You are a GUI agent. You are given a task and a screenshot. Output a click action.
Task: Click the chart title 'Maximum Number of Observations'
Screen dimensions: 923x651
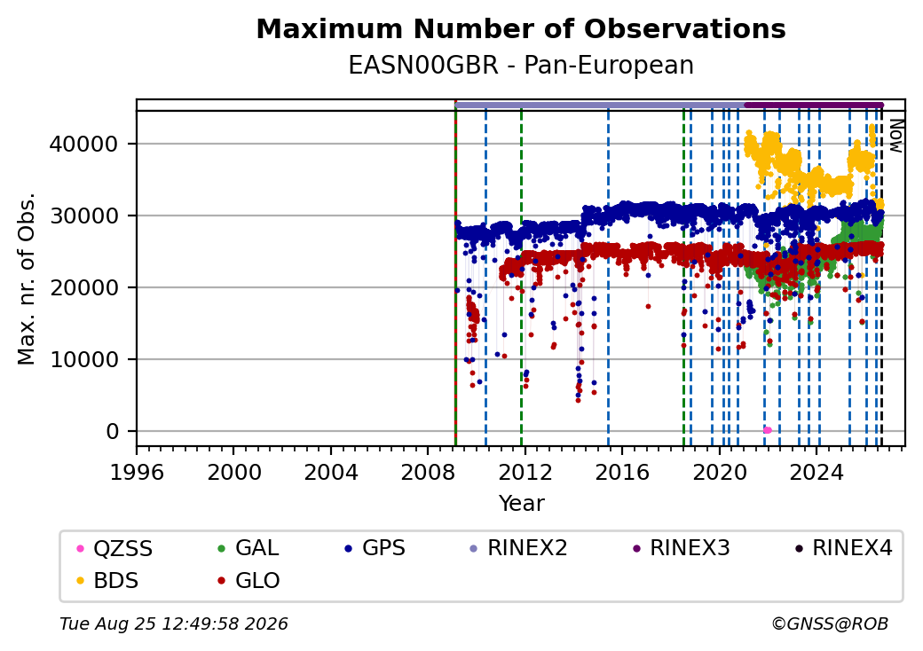521,28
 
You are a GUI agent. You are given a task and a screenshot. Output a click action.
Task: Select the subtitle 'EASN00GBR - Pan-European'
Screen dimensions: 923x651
521,66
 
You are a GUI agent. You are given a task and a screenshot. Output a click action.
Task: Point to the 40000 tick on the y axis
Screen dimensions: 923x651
84,144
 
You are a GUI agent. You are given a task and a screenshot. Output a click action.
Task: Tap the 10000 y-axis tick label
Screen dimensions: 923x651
84,359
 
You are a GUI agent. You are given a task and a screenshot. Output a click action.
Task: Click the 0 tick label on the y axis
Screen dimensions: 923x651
113,432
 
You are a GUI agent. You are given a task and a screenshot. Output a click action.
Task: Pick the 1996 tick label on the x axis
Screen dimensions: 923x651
137,472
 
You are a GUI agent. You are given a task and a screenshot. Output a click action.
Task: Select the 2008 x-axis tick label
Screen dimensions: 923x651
428,472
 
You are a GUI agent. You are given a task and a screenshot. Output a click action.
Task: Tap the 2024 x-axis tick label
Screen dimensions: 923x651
816,472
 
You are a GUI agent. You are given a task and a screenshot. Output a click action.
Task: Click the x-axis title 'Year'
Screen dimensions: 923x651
522,504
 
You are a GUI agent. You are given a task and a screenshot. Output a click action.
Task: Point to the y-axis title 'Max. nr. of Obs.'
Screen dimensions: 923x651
27,278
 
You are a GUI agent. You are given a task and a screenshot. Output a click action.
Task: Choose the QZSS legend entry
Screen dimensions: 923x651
114,549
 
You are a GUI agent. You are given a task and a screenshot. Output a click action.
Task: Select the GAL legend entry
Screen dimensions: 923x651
248,548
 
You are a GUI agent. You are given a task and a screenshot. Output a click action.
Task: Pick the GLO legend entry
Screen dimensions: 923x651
249,581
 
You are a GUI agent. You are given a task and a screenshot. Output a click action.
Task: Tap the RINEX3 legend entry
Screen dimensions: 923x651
681,548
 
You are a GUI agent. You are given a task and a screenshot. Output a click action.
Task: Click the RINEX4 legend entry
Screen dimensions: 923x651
843,548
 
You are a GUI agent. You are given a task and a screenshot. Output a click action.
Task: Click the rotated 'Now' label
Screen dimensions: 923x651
895,137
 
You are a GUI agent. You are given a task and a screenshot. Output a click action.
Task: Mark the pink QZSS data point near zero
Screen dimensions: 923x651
767,430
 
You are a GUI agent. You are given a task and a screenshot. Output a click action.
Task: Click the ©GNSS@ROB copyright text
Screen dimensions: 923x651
830,624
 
